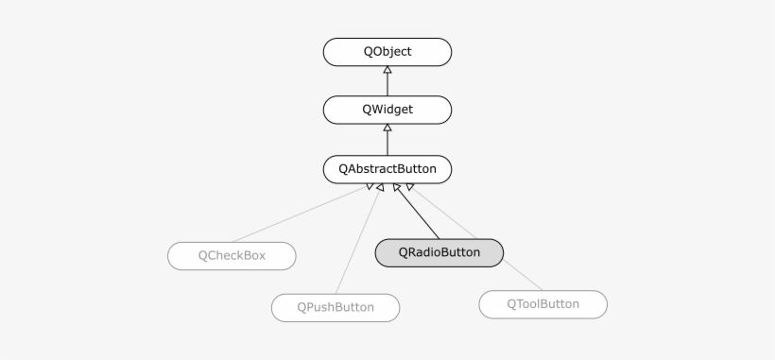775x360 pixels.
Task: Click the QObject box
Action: pyautogui.click(x=387, y=52)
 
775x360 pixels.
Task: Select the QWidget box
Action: pyautogui.click(x=387, y=110)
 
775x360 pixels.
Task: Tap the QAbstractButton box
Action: pyautogui.click(x=387, y=170)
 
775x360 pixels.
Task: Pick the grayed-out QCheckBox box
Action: pyautogui.click(x=232, y=256)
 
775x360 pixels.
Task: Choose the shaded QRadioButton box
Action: pyautogui.click(x=439, y=252)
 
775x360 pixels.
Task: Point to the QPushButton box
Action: pyautogui.click(x=336, y=307)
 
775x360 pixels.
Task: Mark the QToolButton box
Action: pyautogui.click(x=542, y=304)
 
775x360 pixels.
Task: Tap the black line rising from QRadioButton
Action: pyautogui.click(x=418, y=213)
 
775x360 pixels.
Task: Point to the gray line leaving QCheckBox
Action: pyautogui.click(x=293, y=218)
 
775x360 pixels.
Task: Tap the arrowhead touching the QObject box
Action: pyautogui.click(x=387, y=71)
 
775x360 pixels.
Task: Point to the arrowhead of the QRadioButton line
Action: pyautogui.click(x=397, y=188)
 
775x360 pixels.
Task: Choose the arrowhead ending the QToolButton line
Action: pyautogui.click(x=409, y=187)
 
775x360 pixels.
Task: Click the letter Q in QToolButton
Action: pyautogui.click(x=512, y=304)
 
